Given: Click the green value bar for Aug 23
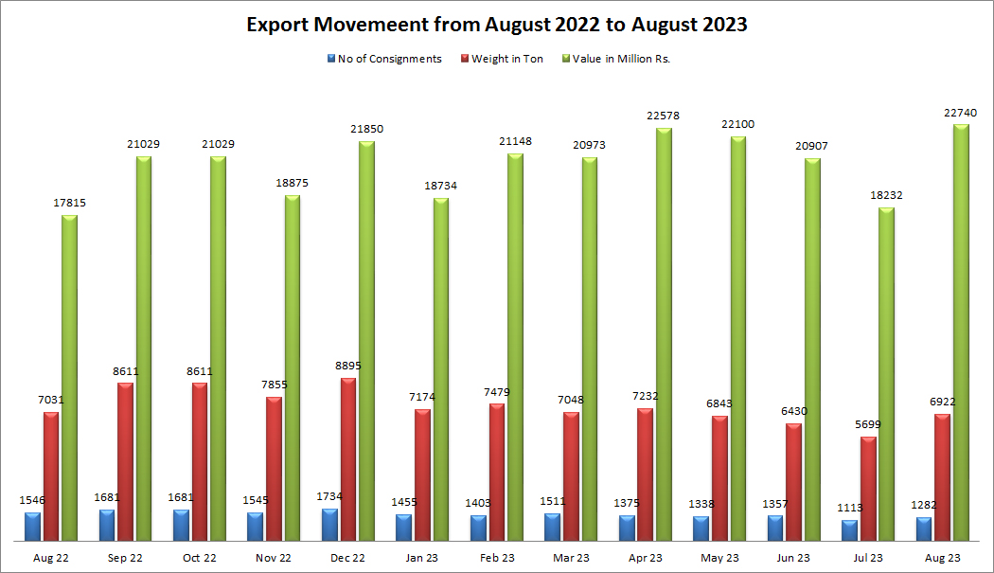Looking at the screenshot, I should (x=961, y=331).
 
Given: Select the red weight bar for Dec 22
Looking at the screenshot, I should (x=348, y=459).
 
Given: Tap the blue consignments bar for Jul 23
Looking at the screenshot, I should (x=849, y=530).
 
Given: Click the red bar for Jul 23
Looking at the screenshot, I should (x=868, y=489).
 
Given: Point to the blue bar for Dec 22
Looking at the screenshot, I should (x=329, y=525).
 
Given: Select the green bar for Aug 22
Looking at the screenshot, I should (x=70, y=378).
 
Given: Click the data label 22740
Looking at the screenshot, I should (x=962, y=113).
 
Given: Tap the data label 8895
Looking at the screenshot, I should (x=348, y=366).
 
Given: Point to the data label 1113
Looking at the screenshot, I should (x=849, y=508).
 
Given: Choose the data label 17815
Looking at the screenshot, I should (x=70, y=203).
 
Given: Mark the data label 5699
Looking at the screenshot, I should (x=868, y=424).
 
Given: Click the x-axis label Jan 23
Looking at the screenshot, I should (x=422, y=559).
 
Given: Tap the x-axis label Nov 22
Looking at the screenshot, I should (x=274, y=559).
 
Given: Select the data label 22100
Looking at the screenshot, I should (x=738, y=124).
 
